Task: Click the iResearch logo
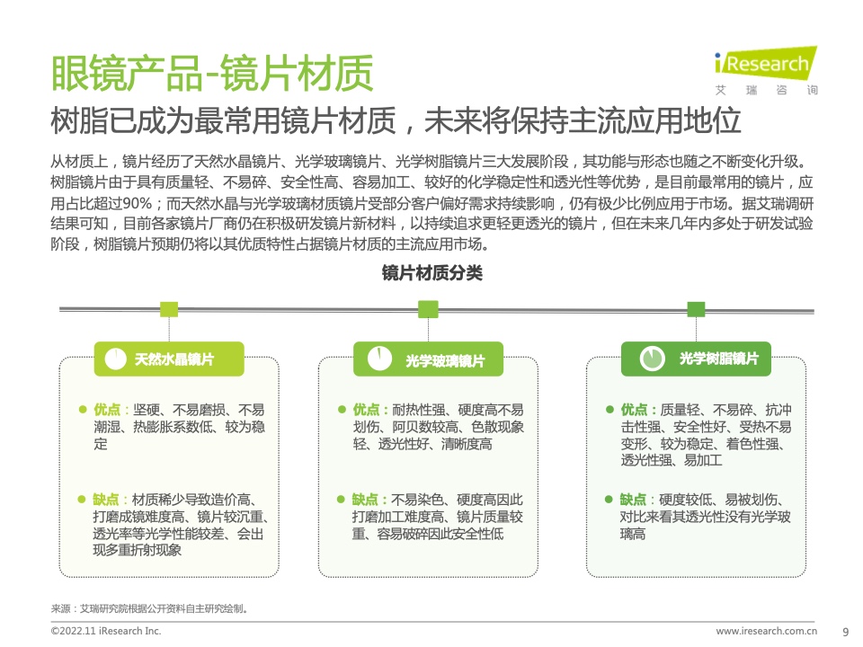pyautogui.click(x=766, y=71)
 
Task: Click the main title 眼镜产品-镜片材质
pyautogui.click(x=212, y=73)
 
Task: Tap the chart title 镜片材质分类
pyautogui.click(x=432, y=273)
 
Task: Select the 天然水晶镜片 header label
pyautogui.click(x=174, y=359)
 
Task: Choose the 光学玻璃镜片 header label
pyautogui.click(x=445, y=360)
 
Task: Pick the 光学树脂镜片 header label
pyautogui.click(x=719, y=359)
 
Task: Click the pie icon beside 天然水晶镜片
pyautogui.click(x=116, y=359)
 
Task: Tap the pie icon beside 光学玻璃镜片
pyautogui.click(x=379, y=359)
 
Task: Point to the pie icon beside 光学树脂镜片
pyautogui.click(x=652, y=359)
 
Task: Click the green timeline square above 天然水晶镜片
pyautogui.click(x=169, y=309)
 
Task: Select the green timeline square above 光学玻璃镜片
pyautogui.click(x=428, y=309)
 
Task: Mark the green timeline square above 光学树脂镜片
pyautogui.click(x=696, y=309)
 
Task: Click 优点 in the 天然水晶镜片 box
pyautogui.click(x=107, y=410)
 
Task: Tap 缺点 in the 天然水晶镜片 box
pyautogui.click(x=106, y=500)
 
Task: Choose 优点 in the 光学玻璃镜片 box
pyautogui.click(x=366, y=410)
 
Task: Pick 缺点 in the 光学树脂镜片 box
pyautogui.click(x=633, y=500)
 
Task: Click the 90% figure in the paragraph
pyautogui.click(x=137, y=204)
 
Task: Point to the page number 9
pyautogui.click(x=846, y=633)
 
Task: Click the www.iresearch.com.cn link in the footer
pyautogui.click(x=766, y=631)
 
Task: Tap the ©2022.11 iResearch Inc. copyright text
pyautogui.click(x=106, y=631)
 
